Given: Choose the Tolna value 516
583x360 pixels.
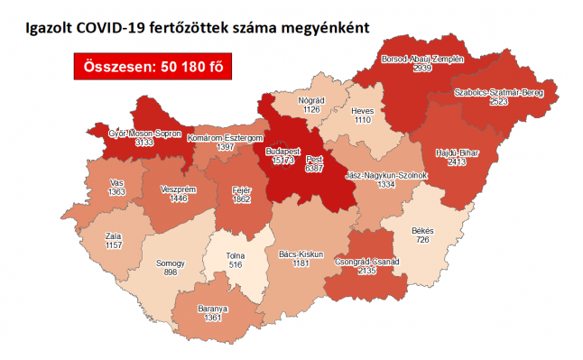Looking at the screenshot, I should (236, 265).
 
